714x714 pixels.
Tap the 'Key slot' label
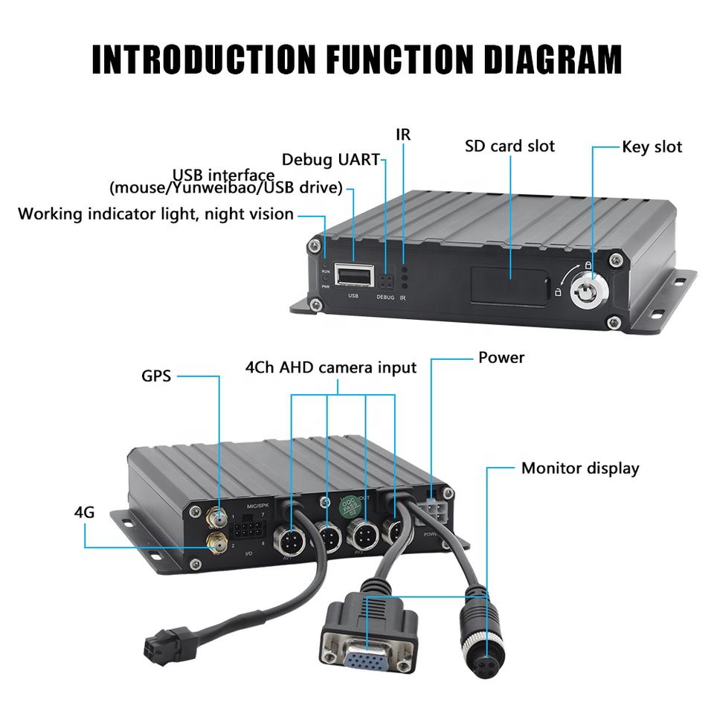click(652, 147)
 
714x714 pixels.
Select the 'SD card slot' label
click(510, 146)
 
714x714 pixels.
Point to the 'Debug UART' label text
click(330, 159)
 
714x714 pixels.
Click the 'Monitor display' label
click(580, 469)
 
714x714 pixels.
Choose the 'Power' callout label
click(501, 358)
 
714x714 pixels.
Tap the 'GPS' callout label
click(156, 376)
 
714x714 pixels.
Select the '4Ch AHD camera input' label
click(331, 367)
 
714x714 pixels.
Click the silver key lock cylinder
click(589, 290)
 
